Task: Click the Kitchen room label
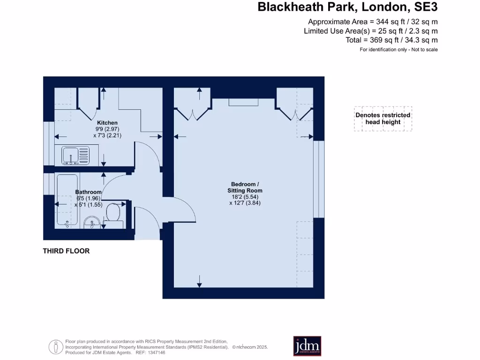[x=107, y=123]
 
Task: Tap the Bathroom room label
[x=88, y=192]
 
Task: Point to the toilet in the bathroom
[x=114, y=214]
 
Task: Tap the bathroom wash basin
[x=91, y=222]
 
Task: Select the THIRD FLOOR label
[x=66, y=251]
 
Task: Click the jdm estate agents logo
[x=307, y=346]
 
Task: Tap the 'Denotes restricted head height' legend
[x=383, y=119]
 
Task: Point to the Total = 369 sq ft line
[x=392, y=40]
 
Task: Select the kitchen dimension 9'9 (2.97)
[x=107, y=129]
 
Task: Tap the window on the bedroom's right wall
[x=319, y=179]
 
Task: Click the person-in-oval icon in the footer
[x=56, y=347]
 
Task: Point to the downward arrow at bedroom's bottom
[x=199, y=281]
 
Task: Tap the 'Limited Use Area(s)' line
[x=371, y=31]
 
